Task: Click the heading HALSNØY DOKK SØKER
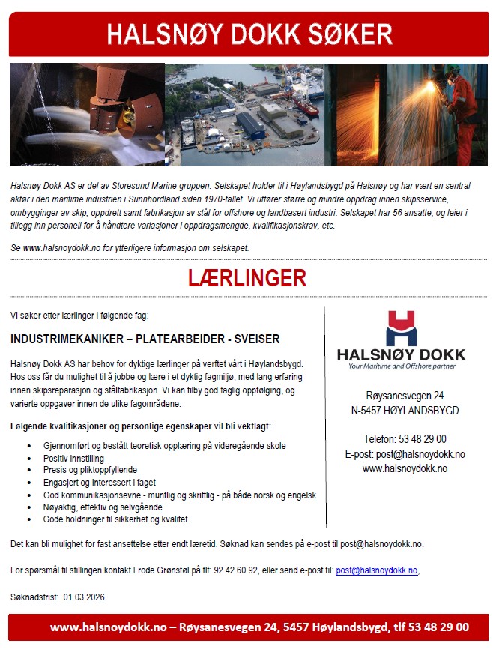coord(249,34)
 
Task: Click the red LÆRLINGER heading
coord(247,279)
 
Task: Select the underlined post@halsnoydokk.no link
coord(376,570)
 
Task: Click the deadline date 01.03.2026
coord(84,597)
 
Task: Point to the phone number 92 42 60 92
coord(235,570)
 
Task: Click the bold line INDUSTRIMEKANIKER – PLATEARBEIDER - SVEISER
coord(145,339)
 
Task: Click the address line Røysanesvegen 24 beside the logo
coord(405,395)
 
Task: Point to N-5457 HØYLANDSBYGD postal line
coord(405,411)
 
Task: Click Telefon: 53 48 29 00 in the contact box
coord(405,439)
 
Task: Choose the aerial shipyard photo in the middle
coord(244,114)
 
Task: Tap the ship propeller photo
coord(87,114)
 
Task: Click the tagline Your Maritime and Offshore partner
coord(402,366)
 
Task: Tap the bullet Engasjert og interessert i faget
coord(99,483)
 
